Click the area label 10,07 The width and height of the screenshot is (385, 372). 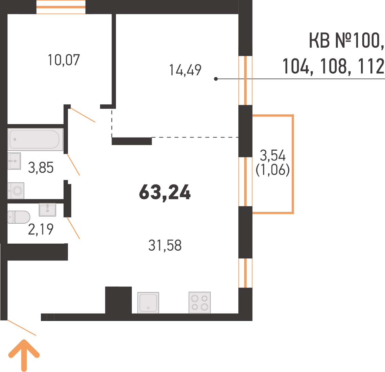click(x=64, y=60)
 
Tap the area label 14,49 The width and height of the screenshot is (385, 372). click(x=185, y=70)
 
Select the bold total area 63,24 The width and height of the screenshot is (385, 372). click(x=165, y=193)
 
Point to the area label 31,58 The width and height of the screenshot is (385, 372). click(x=165, y=246)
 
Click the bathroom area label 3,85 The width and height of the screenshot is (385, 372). click(x=41, y=168)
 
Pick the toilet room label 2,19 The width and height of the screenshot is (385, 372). click(x=41, y=230)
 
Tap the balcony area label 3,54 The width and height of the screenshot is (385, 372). click(x=273, y=156)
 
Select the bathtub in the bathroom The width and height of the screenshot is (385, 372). click(x=35, y=140)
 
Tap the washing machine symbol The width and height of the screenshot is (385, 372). click(x=16, y=191)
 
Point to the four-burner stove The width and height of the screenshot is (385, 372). click(x=199, y=302)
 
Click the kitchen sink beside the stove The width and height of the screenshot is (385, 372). click(x=148, y=303)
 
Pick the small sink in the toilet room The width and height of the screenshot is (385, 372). click(x=47, y=209)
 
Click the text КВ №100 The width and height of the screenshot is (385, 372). click(x=346, y=41)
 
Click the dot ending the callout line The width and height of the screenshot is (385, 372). click(x=216, y=79)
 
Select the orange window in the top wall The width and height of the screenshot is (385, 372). click(x=61, y=7)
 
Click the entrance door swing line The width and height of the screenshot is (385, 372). click(x=22, y=327)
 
